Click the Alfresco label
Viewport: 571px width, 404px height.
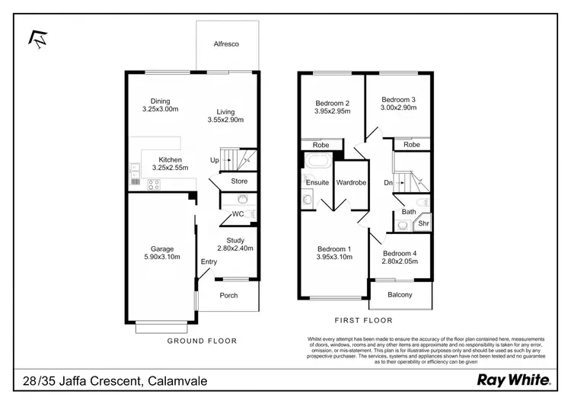tap(226, 45)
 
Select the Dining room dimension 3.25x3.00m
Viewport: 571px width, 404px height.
tap(160, 110)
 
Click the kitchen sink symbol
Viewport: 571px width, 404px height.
tap(134, 172)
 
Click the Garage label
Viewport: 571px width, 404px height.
tap(162, 249)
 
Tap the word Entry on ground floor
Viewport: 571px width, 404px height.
tap(209, 262)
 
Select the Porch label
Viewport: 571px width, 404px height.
tap(228, 296)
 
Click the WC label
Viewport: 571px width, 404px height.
tap(238, 214)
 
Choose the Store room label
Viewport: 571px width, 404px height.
tap(239, 181)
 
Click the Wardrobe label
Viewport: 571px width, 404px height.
tap(352, 183)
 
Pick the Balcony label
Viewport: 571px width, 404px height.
tap(400, 295)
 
